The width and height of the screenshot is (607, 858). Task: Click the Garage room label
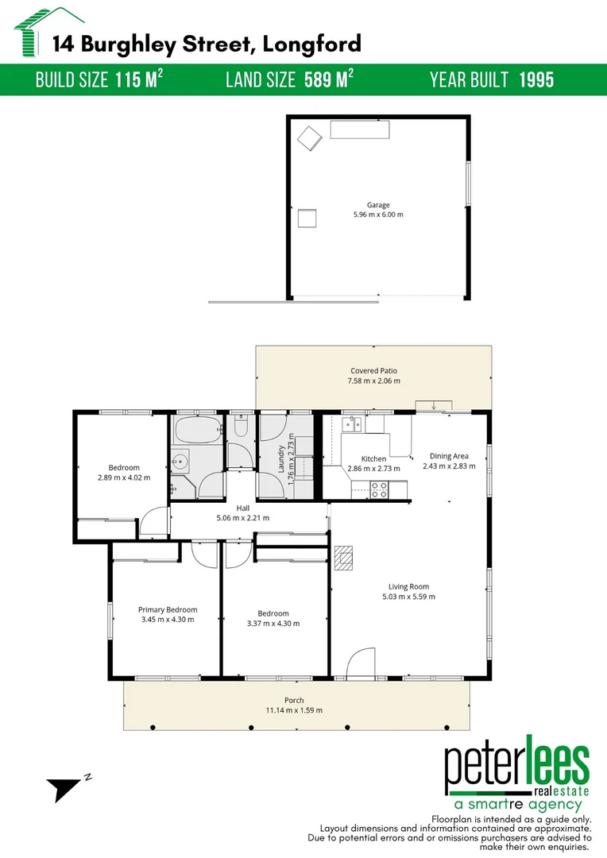click(x=378, y=205)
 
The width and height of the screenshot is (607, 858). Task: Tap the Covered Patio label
click(x=373, y=370)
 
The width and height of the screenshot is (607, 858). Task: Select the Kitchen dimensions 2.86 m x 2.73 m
click(x=373, y=469)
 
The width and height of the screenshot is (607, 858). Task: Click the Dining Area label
click(x=449, y=456)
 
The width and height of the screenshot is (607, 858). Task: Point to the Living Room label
click(x=409, y=586)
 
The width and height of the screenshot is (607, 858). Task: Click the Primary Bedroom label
click(x=167, y=609)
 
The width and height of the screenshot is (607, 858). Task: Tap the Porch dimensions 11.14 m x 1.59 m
click(x=295, y=710)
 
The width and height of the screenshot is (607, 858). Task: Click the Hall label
click(x=243, y=508)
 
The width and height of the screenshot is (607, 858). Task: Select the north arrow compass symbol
click(x=64, y=789)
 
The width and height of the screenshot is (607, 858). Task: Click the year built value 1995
click(x=536, y=80)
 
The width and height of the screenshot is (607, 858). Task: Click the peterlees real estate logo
click(x=516, y=775)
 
